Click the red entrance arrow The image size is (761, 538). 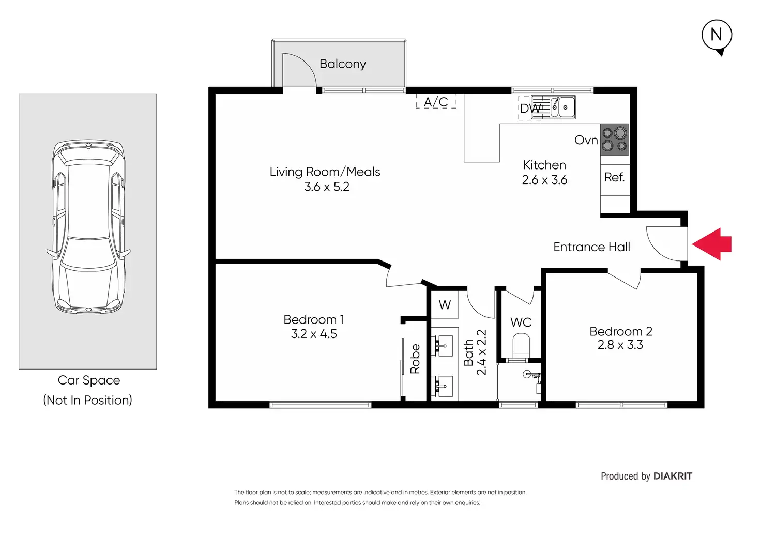[712, 244]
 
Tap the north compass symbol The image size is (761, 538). [717, 36]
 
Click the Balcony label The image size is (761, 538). [342, 64]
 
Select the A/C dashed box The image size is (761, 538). [436, 101]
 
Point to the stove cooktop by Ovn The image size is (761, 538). [614, 140]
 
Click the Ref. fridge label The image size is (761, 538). [614, 177]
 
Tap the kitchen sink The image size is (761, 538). [553, 107]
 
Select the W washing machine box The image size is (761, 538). [445, 304]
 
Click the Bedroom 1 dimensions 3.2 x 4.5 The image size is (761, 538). [314, 334]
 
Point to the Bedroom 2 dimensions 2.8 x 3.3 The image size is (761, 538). [620, 345]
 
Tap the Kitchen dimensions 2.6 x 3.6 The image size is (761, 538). [544, 180]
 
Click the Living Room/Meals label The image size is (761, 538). [325, 172]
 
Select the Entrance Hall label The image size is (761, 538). [591, 247]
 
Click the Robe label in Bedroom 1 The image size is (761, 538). [415, 359]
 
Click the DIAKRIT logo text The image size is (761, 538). [673, 476]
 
